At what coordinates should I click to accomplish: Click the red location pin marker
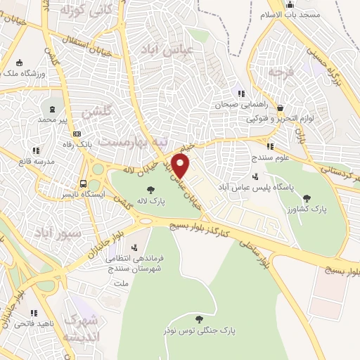181,166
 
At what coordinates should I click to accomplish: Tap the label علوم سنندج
271,158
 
